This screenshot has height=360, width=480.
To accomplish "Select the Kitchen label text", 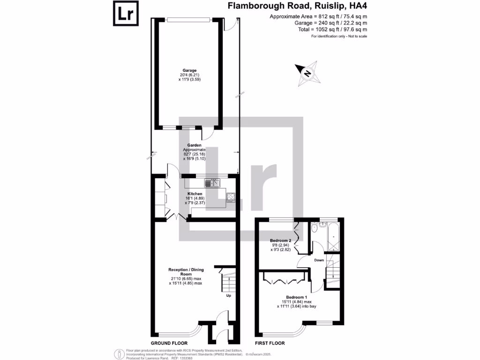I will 195,194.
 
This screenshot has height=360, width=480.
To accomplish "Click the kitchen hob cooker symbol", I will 231,196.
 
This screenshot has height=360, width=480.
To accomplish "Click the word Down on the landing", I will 318,260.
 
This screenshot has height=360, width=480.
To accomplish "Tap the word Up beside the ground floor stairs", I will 228,296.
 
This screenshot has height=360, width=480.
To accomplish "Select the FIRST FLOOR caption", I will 270,343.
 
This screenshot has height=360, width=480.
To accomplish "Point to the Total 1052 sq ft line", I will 335,29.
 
